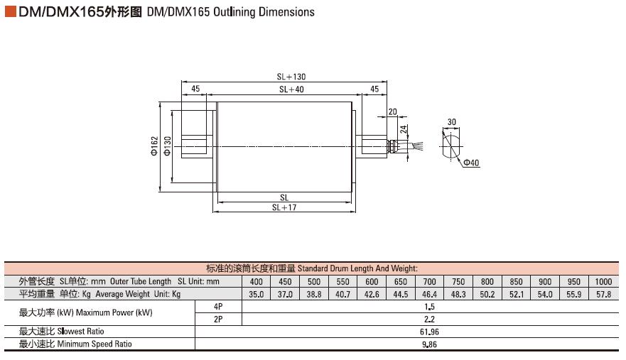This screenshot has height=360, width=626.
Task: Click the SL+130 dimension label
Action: pos(291,77)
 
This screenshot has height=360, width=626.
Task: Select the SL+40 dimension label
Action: pos(291,89)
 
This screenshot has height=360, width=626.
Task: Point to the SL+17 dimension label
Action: pos(284,207)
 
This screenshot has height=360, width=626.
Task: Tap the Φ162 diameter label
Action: pos(154,146)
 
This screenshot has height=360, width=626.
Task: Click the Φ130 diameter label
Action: pos(167,146)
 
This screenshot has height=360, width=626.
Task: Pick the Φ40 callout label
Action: pos(471,163)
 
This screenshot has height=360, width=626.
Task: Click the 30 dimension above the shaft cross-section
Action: pos(451,122)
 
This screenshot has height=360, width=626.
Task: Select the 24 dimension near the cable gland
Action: pos(404,129)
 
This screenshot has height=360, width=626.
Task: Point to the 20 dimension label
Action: pos(392,111)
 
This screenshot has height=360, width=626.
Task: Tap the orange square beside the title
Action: pos(11,11)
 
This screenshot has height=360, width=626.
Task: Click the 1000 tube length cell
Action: pos(603,282)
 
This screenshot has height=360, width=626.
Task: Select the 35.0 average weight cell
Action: pos(257,295)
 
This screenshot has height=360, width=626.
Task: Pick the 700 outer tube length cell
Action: pos(430,282)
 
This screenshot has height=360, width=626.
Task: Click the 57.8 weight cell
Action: pos(603,295)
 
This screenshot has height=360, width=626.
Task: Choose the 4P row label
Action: pos(218,307)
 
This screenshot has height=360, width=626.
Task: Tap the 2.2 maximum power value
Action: pos(430,320)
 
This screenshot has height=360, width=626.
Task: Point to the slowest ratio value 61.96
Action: pos(430,332)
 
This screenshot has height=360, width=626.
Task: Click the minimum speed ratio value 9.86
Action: pos(430,344)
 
